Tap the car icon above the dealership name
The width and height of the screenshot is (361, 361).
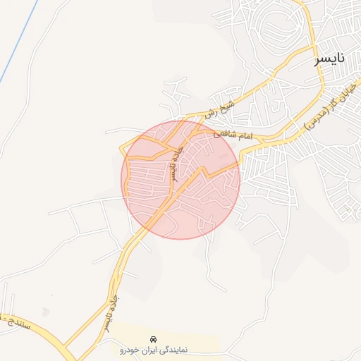tap(154, 339)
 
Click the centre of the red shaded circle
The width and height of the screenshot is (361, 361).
tap(181, 179)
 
